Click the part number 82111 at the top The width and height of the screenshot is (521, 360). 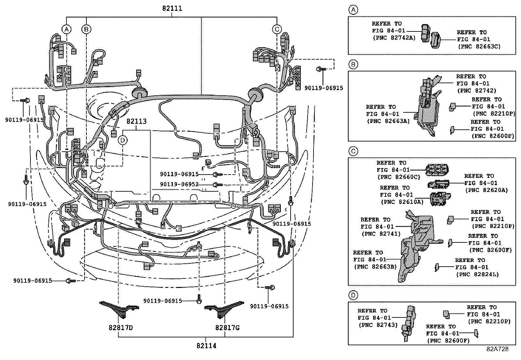[x=172, y=9]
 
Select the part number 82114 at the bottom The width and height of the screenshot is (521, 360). [x=206, y=346]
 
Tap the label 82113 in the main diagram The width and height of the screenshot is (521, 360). [x=136, y=122]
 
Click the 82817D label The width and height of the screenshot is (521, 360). [x=121, y=328]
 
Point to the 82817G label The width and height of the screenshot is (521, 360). [x=227, y=328]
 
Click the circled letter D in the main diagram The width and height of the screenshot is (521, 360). [x=123, y=140]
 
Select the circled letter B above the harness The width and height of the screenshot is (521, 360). [x=86, y=29]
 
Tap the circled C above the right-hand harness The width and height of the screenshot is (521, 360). [x=277, y=29]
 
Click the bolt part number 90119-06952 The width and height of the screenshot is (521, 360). [x=179, y=185]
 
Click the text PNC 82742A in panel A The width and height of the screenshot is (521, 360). [x=394, y=38]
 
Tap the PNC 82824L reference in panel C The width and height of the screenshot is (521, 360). [x=477, y=275]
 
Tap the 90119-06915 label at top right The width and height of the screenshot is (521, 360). [x=324, y=88]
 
